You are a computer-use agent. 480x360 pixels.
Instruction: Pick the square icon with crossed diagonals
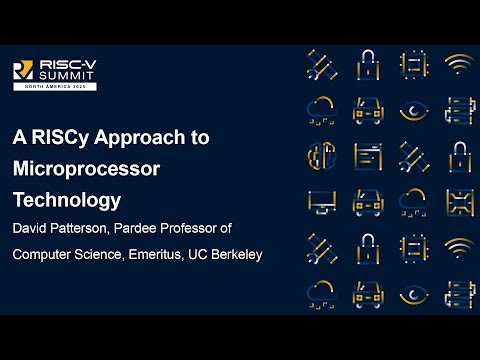458,201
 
